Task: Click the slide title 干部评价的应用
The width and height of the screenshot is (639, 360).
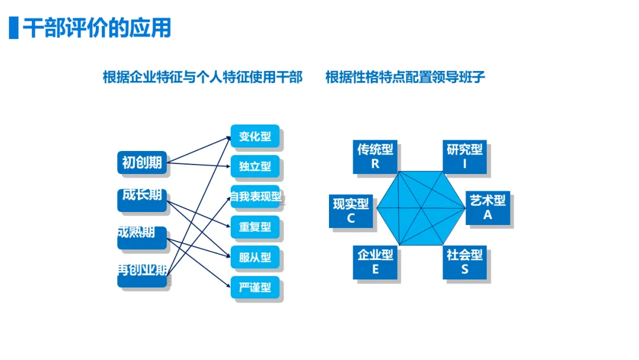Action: click(97, 28)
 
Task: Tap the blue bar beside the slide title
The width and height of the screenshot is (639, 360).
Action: click(13, 28)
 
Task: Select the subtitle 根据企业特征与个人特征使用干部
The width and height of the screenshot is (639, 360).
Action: click(202, 78)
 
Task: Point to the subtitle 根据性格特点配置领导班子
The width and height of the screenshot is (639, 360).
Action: click(405, 78)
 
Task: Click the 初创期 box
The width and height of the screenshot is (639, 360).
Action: click(142, 163)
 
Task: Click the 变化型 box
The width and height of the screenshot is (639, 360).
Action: click(255, 137)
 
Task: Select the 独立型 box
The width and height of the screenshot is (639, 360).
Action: click(255, 167)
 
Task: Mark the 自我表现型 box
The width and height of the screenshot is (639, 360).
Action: click(255, 197)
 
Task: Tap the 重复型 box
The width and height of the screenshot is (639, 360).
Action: click(255, 227)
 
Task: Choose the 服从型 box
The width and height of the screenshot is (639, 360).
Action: click(255, 258)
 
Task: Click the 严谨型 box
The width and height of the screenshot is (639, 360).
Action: click(255, 288)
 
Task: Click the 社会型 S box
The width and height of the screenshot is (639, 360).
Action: click(465, 262)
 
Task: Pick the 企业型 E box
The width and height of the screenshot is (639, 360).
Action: click(375, 262)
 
